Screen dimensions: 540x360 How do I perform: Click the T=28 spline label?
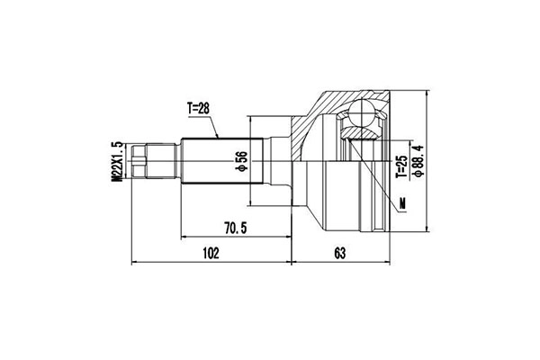tap(198, 109)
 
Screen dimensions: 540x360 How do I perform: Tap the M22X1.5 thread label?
tap(117, 161)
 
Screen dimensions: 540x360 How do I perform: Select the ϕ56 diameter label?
tap(242, 161)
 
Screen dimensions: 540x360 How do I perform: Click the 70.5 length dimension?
tap(236, 228)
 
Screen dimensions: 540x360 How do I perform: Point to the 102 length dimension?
tap(211, 253)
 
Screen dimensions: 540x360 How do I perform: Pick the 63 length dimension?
tap(339, 253)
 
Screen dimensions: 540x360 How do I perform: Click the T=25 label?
tap(401, 166)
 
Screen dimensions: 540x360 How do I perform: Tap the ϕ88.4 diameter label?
tap(418, 161)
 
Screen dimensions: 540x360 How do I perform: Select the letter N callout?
tap(401, 204)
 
